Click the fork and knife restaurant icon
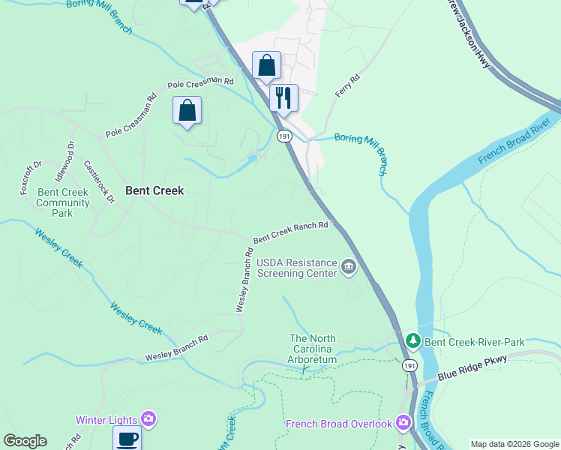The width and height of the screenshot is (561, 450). tap(283, 97)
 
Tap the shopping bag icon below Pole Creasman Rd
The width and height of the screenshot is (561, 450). tap(187, 110)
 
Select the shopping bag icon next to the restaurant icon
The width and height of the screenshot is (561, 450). tap(266, 65)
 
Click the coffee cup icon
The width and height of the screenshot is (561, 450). tap(127, 438)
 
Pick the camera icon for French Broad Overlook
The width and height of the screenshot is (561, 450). tap(403, 424)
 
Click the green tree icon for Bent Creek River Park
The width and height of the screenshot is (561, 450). tap(412, 341)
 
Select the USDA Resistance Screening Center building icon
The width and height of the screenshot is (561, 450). tap(348, 267)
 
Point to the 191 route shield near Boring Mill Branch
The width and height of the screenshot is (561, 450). tap(283, 136)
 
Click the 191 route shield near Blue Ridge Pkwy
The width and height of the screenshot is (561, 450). tap(408, 365)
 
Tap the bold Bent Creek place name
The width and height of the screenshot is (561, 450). tap(154, 190)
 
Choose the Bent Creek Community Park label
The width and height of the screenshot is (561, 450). tap(63, 202)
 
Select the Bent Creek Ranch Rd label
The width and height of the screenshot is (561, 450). tap(290, 232)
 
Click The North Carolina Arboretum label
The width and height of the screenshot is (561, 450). tap(313, 349)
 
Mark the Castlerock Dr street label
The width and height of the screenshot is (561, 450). tap(98, 182)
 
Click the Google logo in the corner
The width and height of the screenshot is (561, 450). tap(25, 441)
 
